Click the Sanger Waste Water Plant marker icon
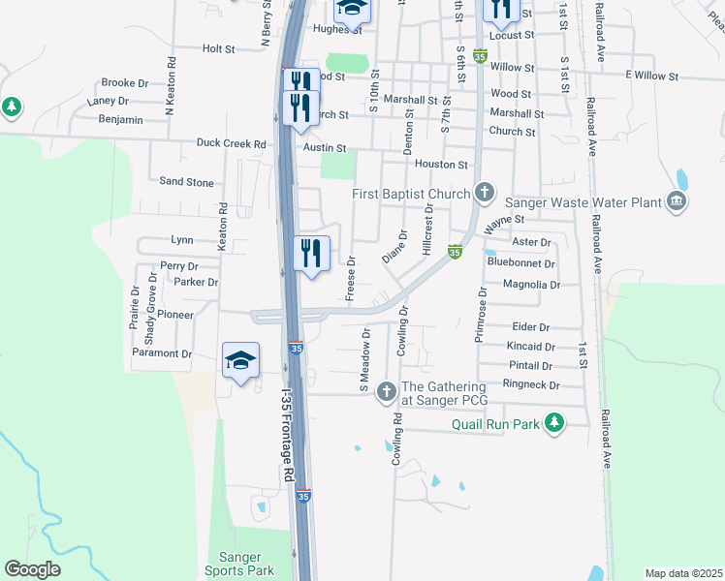677,201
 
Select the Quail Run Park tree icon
553,423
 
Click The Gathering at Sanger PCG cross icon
386,391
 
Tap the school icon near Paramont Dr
240,362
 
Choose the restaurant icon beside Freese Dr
311,255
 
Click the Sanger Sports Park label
240,564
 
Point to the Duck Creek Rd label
231,144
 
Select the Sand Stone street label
186,181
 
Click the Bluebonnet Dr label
521,262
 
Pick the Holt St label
219,48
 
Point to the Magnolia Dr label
532,285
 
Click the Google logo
33,569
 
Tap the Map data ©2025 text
682,573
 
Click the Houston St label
442,165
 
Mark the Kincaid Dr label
530,346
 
